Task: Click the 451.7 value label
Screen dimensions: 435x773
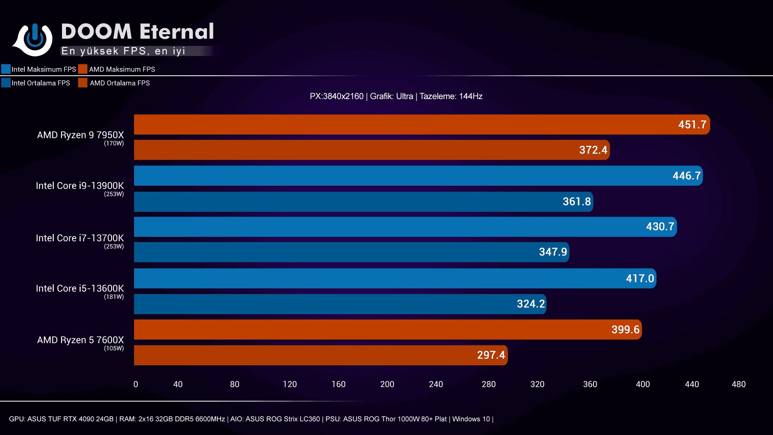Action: pyautogui.click(x=692, y=124)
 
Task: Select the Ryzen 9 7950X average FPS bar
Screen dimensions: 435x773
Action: pyautogui.click(x=371, y=150)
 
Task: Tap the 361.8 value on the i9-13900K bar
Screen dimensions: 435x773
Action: pyautogui.click(x=577, y=201)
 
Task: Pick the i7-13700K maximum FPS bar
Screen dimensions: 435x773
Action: pyautogui.click(x=405, y=227)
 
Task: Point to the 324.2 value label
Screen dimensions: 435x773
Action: pyautogui.click(x=531, y=304)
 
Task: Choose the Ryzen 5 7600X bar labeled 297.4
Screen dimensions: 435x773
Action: pyautogui.click(x=320, y=355)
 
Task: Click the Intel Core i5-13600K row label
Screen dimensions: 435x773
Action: pyautogui.click(x=80, y=288)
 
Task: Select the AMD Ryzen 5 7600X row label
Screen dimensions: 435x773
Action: pyautogui.click(x=81, y=340)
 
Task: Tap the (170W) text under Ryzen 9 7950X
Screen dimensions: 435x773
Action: pyautogui.click(x=114, y=143)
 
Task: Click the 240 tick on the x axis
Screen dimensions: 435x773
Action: pyautogui.click(x=436, y=384)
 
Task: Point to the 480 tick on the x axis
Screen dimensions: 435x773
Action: pyautogui.click(x=738, y=384)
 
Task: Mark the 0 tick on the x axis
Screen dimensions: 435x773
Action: pyautogui.click(x=136, y=384)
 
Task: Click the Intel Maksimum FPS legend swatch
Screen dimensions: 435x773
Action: pyautogui.click(x=6, y=69)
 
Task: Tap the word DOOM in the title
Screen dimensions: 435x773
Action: pyautogui.click(x=97, y=31)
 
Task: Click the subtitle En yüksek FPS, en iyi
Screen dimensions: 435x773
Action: pyautogui.click(x=123, y=51)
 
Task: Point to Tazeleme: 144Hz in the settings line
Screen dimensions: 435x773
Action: pyautogui.click(x=451, y=96)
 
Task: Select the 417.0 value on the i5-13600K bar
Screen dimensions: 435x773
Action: pyautogui.click(x=639, y=278)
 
